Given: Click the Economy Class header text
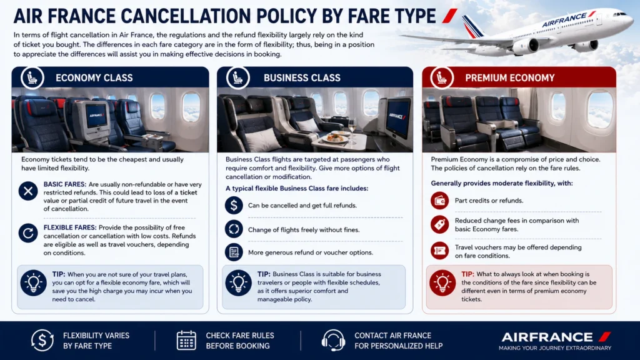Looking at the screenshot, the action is (x=94, y=77).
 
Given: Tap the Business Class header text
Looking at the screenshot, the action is (x=302, y=77).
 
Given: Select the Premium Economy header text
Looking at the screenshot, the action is (x=510, y=77).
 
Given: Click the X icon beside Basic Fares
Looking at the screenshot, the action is (x=28, y=191).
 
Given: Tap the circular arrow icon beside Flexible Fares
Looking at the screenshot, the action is (x=28, y=233).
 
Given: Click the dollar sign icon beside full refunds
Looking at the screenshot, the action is (x=234, y=205).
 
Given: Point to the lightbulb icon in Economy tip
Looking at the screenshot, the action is (x=34, y=283).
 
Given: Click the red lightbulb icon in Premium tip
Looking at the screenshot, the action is (x=442, y=283).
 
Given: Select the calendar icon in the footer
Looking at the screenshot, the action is (x=186, y=340).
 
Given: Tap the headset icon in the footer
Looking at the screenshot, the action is (x=334, y=341).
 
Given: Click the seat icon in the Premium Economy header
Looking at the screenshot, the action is (x=442, y=77).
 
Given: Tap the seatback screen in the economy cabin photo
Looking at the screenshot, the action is (x=96, y=116).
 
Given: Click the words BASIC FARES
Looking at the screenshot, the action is (x=65, y=184).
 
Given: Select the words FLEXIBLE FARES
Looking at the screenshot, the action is (x=70, y=227).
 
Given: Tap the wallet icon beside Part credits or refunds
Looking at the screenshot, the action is (x=439, y=201).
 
